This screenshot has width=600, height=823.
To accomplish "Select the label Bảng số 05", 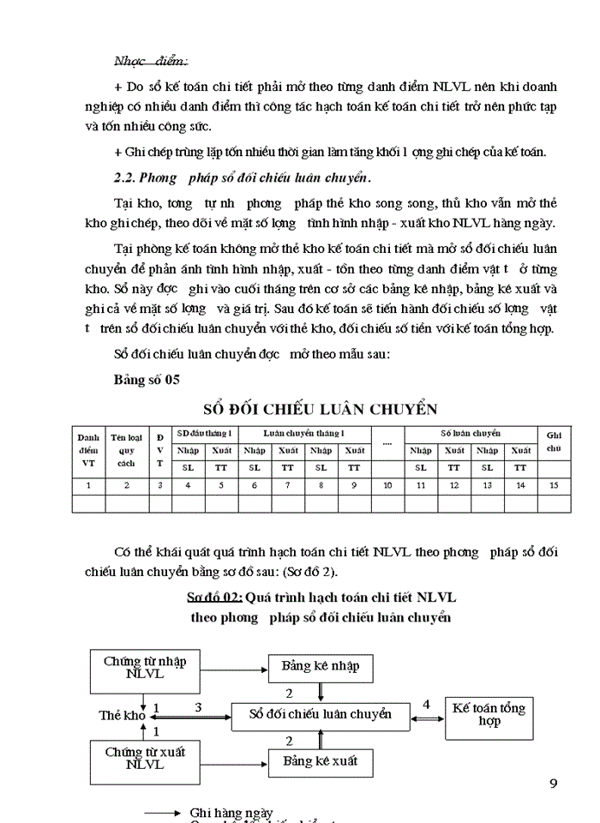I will click(147, 378).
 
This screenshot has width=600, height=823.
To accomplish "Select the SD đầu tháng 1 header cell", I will click(204, 433).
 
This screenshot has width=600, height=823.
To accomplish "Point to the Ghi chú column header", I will click(553, 442).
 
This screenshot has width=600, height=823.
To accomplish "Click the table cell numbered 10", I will click(387, 485).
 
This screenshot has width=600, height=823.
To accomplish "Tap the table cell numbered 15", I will click(553, 485).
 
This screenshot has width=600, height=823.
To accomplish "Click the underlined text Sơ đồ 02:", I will click(214, 597).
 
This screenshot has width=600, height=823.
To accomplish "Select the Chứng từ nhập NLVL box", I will click(145, 667).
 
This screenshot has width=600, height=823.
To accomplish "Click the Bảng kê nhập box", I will click(321, 666).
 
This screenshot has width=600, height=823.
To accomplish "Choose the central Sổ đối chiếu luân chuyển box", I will click(320, 713).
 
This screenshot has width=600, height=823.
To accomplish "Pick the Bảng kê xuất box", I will click(321, 760).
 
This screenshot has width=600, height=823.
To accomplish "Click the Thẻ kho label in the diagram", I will click(122, 714).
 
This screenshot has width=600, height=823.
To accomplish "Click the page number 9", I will click(553, 783).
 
